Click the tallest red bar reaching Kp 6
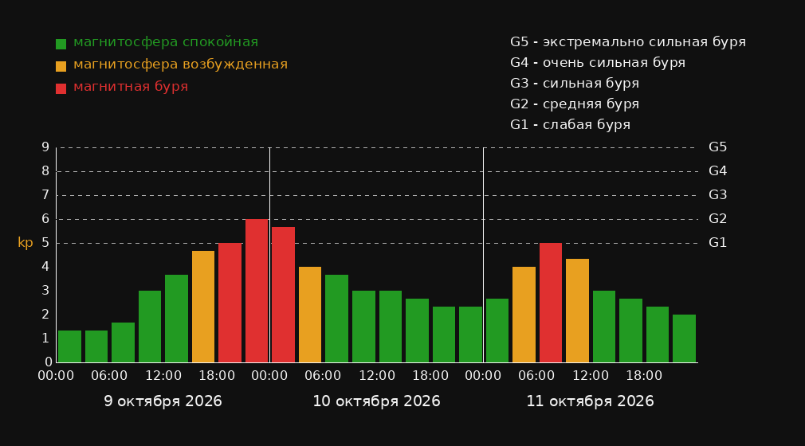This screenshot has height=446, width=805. [x=257, y=291]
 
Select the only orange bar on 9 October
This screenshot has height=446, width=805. [x=203, y=307]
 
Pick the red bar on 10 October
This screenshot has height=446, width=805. [x=284, y=295]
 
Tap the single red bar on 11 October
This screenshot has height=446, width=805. [x=551, y=303]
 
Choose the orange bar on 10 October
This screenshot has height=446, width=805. [x=310, y=315]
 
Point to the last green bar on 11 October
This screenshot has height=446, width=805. [x=684, y=338]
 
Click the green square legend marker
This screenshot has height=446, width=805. [x=61, y=44]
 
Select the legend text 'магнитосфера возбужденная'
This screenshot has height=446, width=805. [x=181, y=65]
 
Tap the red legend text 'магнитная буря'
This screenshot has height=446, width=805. [x=131, y=87]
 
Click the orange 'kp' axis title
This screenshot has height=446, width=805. [x=26, y=243]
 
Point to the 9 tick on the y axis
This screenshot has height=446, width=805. [x=45, y=147]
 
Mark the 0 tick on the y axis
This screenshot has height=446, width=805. [x=49, y=362]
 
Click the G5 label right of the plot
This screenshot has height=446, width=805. [x=717, y=147]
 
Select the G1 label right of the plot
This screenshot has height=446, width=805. [x=717, y=243]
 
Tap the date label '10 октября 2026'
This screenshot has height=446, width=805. [x=376, y=401]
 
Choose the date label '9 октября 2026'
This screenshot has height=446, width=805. [x=163, y=401]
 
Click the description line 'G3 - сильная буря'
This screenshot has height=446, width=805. [x=575, y=83]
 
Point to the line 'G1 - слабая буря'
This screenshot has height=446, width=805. [x=571, y=125]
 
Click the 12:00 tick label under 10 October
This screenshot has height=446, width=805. [x=377, y=376]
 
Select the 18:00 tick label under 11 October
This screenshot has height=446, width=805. [x=644, y=376]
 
